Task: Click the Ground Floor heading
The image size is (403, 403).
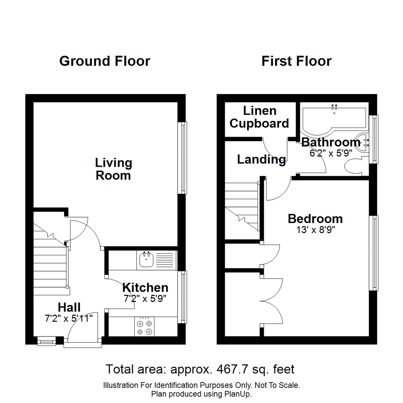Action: pos(104,61)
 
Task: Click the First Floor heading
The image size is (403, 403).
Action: pos(296,61)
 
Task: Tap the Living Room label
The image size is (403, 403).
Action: pos(113,169)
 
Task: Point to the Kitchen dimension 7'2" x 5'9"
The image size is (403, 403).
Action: pos(145,298)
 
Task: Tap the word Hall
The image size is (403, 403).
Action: pos(69,307)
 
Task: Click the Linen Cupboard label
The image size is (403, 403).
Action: pos(259,117)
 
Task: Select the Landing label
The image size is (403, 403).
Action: pos(261,160)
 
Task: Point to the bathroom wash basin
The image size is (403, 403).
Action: pos(362,142)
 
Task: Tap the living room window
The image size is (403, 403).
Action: pos(182,158)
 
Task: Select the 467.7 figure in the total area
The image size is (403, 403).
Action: pos(229,369)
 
